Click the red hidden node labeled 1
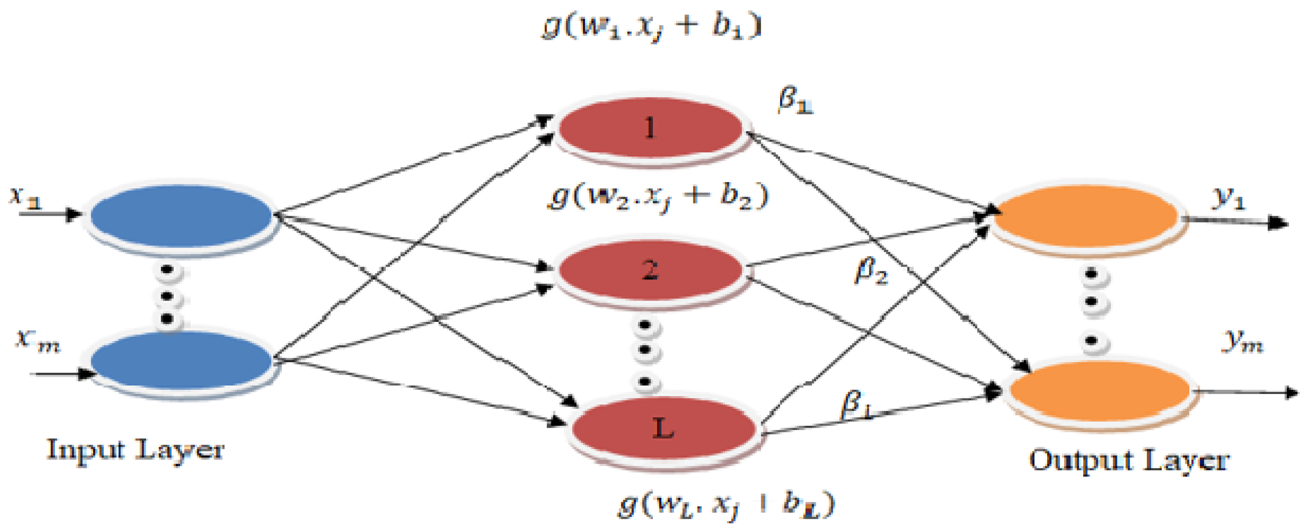(x=651, y=128)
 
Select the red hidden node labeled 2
(x=651, y=270)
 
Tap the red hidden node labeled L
(x=664, y=428)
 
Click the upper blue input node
(x=181, y=216)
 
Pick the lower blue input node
(x=181, y=361)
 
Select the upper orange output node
(x=1086, y=216)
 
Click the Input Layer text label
(x=135, y=449)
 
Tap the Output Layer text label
(x=1129, y=460)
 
